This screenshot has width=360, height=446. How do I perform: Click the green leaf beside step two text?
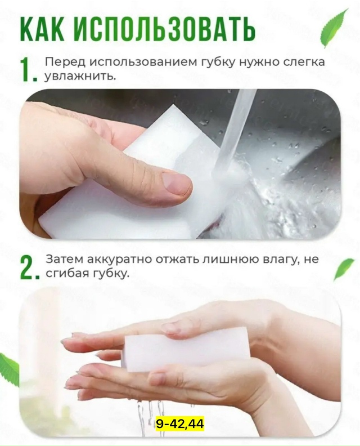(343, 269)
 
